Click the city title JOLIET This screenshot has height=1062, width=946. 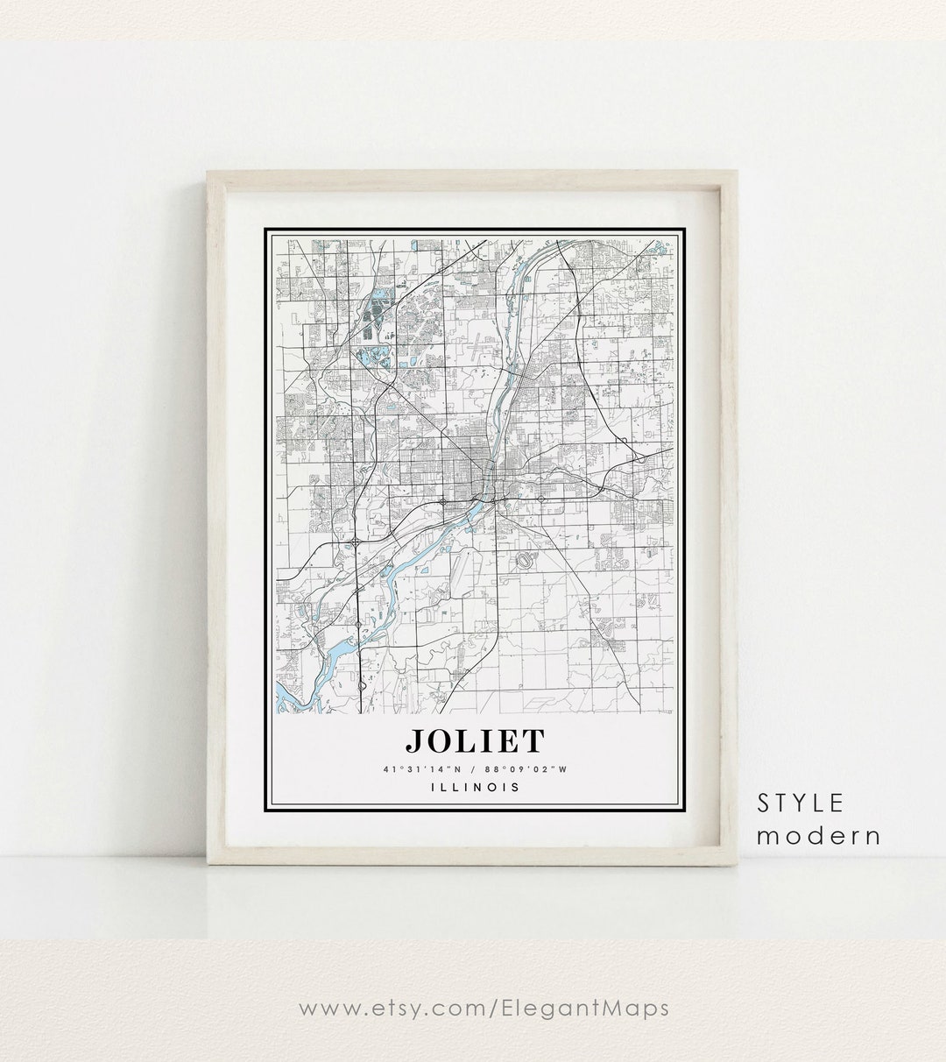point(474,741)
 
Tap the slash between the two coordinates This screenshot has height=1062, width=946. point(474,770)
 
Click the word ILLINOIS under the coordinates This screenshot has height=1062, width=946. point(474,787)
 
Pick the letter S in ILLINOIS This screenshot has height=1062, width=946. point(517,787)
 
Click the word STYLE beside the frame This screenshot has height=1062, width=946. point(801,803)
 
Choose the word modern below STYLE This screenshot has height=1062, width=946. point(818,835)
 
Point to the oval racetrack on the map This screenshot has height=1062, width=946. point(526,560)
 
